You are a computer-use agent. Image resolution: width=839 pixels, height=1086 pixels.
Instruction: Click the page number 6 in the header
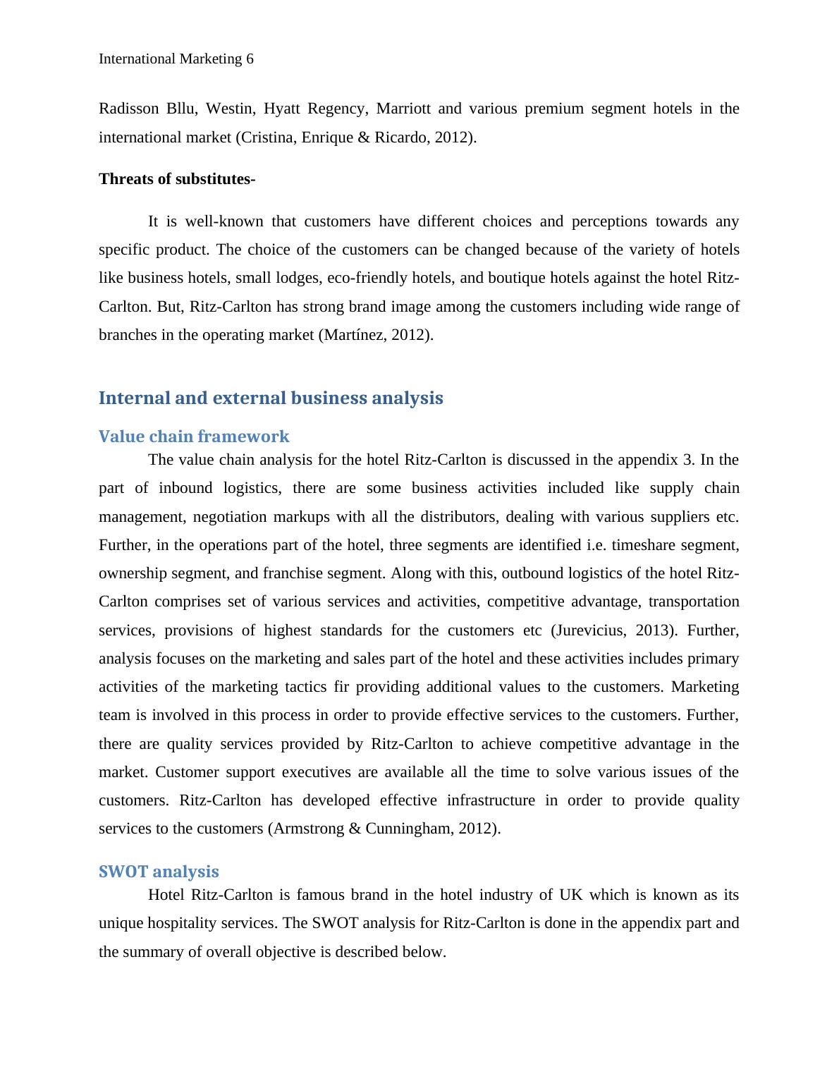click(x=250, y=59)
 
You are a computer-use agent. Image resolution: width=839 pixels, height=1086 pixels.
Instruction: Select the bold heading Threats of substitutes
click(x=177, y=179)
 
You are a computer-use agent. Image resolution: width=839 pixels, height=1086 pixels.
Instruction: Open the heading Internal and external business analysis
click(x=271, y=398)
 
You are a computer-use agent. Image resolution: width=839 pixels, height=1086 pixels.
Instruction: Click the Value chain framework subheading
click(x=194, y=437)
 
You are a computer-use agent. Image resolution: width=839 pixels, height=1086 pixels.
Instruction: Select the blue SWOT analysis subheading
click(x=159, y=872)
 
